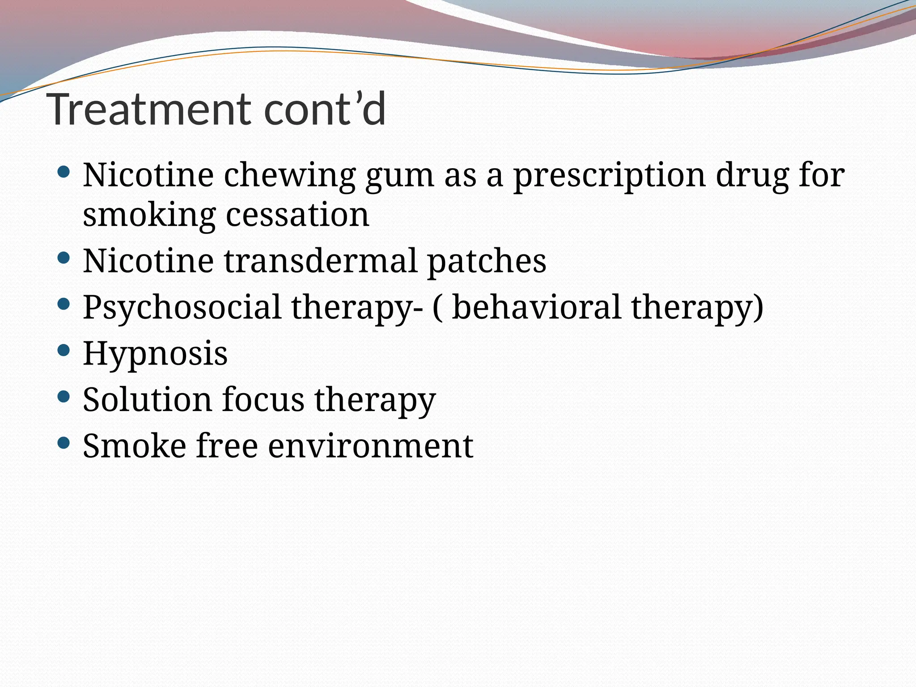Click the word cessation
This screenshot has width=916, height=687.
[x=297, y=215]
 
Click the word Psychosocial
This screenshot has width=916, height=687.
[x=182, y=308]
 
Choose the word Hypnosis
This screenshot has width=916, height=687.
[x=155, y=353]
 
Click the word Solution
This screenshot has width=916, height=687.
[x=147, y=399]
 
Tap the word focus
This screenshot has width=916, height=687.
[x=263, y=399]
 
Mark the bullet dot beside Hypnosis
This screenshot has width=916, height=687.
[x=64, y=350]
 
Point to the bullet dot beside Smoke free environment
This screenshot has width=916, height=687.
[x=64, y=443]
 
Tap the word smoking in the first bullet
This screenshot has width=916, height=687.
[x=149, y=215]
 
